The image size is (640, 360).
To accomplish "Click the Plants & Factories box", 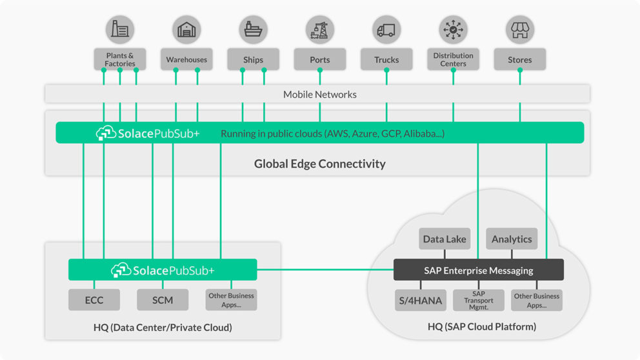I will click(x=120, y=59).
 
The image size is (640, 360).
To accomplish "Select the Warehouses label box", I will click(x=186, y=59).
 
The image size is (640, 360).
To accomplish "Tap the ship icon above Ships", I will click(x=253, y=30).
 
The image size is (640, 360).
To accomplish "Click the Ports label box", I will click(x=320, y=59).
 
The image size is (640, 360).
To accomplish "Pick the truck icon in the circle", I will click(x=386, y=30).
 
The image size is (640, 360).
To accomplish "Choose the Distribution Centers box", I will click(x=453, y=59).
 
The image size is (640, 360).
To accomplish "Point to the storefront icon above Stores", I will click(x=519, y=30).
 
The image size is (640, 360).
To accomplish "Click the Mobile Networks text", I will click(x=319, y=94).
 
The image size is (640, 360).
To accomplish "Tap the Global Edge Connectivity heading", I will click(x=319, y=163).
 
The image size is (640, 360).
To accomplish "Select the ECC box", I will click(x=94, y=300).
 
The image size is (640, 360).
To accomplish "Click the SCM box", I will click(x=163, y=300).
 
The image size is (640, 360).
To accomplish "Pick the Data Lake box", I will click(x=445, y=239).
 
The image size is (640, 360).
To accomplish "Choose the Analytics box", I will click(x=512, y=239).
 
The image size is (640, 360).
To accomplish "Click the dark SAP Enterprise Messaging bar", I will click(x=479, y=270).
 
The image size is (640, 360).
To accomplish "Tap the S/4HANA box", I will click(x=420, y=300).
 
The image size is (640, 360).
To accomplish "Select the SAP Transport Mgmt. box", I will click(x=479, y=300).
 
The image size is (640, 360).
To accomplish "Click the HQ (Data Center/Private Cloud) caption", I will click(x=163, y=327).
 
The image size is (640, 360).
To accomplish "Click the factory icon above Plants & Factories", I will click(x=120, y=30).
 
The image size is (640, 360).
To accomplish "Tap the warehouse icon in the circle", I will click(x=186, y=30).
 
